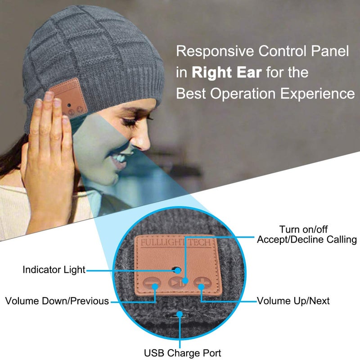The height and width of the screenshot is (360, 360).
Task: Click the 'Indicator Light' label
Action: point(54,270)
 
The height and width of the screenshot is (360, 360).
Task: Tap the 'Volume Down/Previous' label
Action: point(57,301)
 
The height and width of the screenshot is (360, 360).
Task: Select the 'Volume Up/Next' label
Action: point(293,301)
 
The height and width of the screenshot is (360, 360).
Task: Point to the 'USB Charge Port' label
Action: point(182,353)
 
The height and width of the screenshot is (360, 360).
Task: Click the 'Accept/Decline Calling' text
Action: point(306,239)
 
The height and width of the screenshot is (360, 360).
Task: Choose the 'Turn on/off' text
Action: point(307,229)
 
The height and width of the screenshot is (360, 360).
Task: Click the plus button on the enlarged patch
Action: point(201,283)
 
